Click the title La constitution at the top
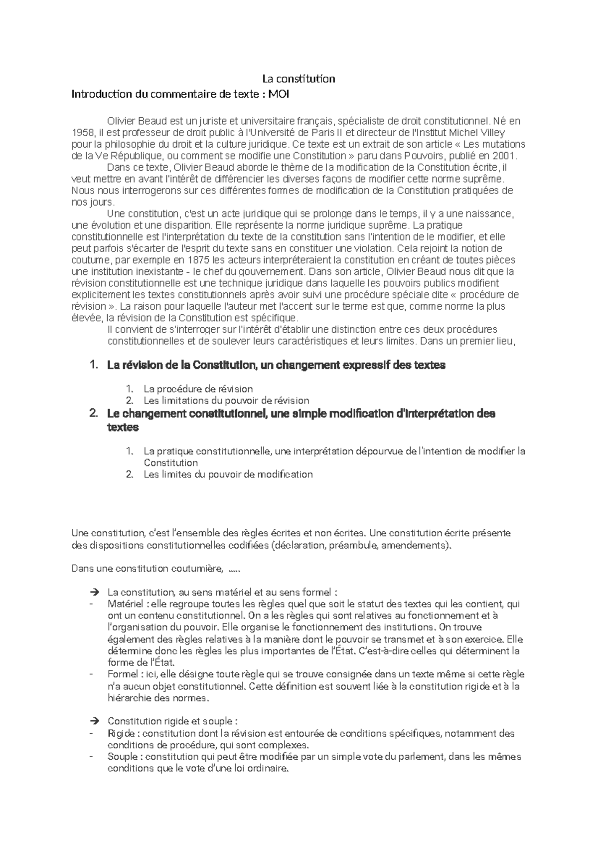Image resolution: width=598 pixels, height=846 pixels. click(x=299, y=79)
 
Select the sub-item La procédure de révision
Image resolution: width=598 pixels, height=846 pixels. click(x=198, y=389)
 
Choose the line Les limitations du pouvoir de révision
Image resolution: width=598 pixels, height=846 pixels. click(x=226, y=401)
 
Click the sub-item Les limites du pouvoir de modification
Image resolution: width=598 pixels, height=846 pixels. click(x=228, y=474)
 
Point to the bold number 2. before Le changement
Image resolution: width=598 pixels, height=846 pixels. click(x=93, y=414)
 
